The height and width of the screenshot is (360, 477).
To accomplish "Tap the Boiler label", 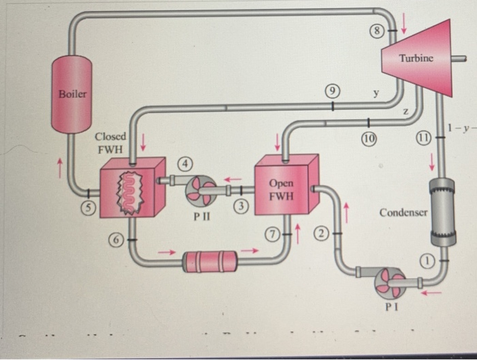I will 72,94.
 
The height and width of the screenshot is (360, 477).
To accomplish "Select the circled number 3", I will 241,206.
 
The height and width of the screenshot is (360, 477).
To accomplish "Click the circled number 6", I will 117,238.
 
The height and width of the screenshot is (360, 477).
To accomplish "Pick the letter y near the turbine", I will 374,93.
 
